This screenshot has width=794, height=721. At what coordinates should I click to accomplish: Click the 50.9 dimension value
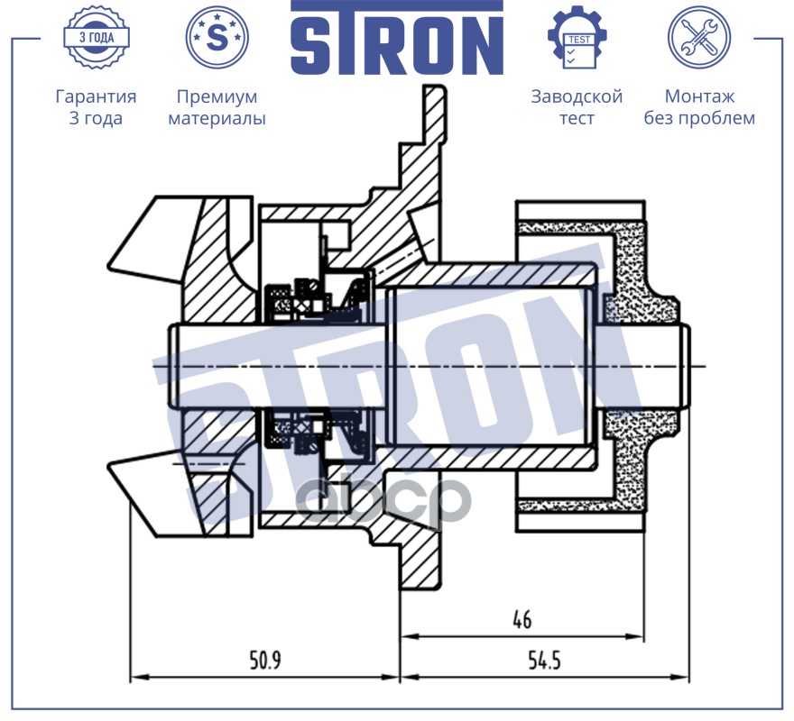pos(265,661)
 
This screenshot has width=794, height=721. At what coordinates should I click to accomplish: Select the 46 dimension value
pos(522,619)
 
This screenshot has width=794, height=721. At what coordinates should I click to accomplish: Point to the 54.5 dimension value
pos(544,661)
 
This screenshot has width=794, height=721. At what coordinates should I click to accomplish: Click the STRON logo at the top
pos(397,38)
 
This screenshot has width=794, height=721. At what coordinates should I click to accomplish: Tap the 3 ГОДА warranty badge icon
pos(97,38)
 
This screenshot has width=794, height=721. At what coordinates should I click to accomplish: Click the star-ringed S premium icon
pos(217,38)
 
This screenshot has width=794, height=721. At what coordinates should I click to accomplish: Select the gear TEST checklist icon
pos(577,38)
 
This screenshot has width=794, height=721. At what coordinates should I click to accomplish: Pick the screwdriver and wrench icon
pos(699,38)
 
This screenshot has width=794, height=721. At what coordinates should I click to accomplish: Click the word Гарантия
pos(96,96)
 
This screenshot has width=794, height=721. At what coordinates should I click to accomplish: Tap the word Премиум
pos(217,96)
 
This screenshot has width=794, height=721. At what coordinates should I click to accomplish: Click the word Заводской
pos(577,96)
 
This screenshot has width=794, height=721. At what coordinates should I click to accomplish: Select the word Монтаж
pos(699,96)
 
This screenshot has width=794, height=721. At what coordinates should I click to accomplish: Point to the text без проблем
pos(699,118)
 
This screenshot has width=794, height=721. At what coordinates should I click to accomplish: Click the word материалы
pos(217,118)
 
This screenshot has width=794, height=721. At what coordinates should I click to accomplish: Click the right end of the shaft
pos(688,366)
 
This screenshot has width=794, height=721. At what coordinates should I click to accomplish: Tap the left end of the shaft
pos(170,366)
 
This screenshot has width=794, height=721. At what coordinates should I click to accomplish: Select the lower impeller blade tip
pos(108,465)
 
